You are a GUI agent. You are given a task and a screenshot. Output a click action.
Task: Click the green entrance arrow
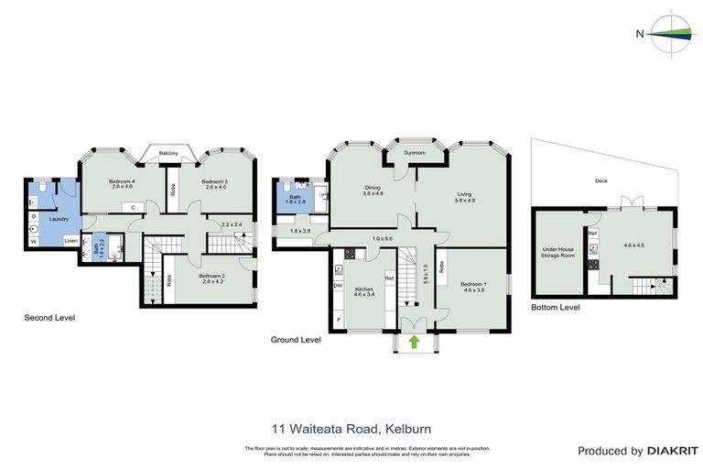[x=414, y=342]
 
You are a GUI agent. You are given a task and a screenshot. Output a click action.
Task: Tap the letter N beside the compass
[x=638, y=34]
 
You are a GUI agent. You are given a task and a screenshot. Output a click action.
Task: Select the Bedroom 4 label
[x=121, y=181]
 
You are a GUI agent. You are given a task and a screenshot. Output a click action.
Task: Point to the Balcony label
[x=168, y=153]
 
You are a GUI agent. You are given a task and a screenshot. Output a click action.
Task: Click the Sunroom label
[x=415, y=152]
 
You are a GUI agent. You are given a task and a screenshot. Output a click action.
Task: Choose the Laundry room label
[x=59, y=219]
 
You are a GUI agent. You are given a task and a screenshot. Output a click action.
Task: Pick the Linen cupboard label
[x=70, y=240]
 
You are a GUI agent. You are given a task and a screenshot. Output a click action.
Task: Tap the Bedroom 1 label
[x=472, y=283]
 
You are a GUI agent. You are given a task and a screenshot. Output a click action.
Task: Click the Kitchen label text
[x=363, y=289]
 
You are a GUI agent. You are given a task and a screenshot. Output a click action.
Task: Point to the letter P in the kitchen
[x=340, y=319]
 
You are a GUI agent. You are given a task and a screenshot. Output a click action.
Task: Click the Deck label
[x=600, y=180]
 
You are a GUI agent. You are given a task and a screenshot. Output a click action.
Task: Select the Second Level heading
[x=49, y=318]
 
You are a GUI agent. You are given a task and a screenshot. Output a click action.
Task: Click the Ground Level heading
[x=296, y=339]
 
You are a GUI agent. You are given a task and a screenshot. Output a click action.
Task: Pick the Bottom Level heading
[x=556, y=308]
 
